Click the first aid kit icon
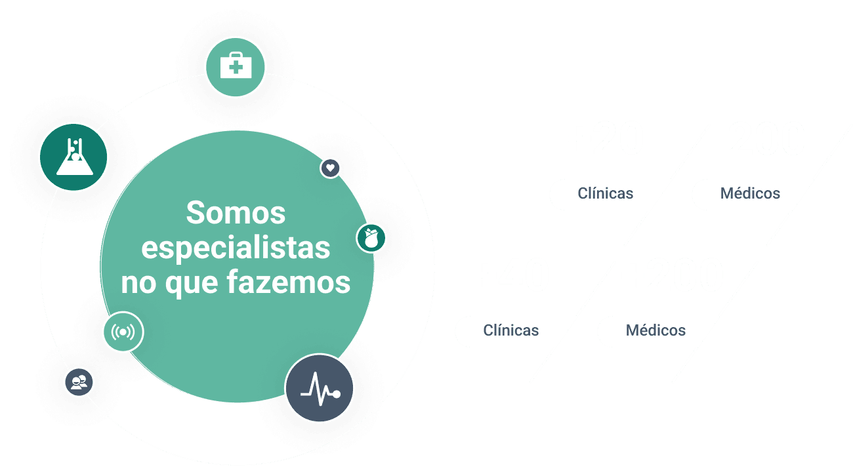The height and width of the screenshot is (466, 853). tap(234, 66)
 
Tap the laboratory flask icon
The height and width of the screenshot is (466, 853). tap(73, 157)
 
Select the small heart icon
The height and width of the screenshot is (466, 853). tap(331, 168)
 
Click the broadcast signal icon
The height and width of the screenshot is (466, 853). tap(123, 332)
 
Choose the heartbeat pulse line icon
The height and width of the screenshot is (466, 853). tap(320, 388)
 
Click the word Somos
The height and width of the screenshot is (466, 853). tap(236, 213)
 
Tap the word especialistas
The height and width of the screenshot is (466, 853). tap(236, 248)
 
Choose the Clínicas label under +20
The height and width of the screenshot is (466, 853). tap(605, 193)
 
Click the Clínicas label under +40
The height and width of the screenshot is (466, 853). tap(510, 330)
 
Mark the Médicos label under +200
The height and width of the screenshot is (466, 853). tap(655, 330)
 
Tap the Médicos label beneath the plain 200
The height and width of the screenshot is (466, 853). tap(749, 193)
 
